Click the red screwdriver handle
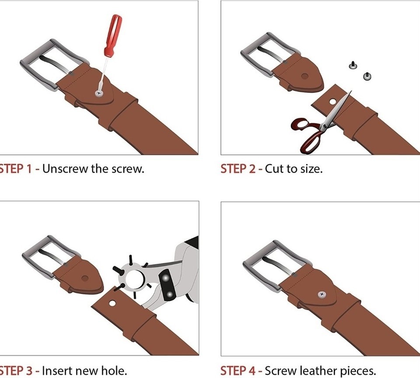point(113,35)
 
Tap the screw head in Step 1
point(99,94)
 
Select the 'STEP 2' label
point(238,169)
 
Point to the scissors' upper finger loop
point(301,124)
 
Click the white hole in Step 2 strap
point(332,102)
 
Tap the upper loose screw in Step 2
point(353,65)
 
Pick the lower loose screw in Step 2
point(367,76)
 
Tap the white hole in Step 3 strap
point(112,304)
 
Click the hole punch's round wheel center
point(135,279)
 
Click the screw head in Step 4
point(322,294)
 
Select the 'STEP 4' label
point(238,371)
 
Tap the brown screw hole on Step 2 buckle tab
point(304,76)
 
